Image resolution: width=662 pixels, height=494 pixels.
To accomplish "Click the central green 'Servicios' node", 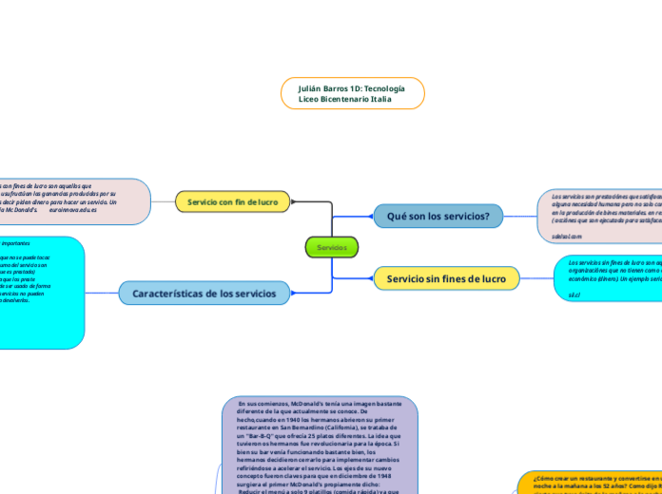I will pyautogui.click(x=331, y=248).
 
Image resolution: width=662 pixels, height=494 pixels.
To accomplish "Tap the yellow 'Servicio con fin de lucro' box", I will pyautogui.click(x=232, y=201).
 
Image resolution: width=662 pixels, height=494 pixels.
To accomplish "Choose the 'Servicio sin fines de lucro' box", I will pyautogui.click(x=446, y=278).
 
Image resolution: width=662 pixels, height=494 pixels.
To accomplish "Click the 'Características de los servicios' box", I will pyautogui.click(x=204, y=294).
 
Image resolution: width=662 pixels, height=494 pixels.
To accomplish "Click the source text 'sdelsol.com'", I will pyautogui.click(x=566, y=236).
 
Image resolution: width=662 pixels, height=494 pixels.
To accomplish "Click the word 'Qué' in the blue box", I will pyautogui.click(x=397, y=217).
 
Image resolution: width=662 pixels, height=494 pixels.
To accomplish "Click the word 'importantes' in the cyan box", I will pyautogui.click(x=16, y=243).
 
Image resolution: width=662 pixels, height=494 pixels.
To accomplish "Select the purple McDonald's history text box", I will pyautogui.click(x=321, y=446).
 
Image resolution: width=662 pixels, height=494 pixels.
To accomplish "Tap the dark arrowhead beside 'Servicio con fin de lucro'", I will pyautogui.click(x=293, y=201).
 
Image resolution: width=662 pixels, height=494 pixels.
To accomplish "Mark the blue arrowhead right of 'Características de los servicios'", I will pyautogui.click(x=293, y=294).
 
